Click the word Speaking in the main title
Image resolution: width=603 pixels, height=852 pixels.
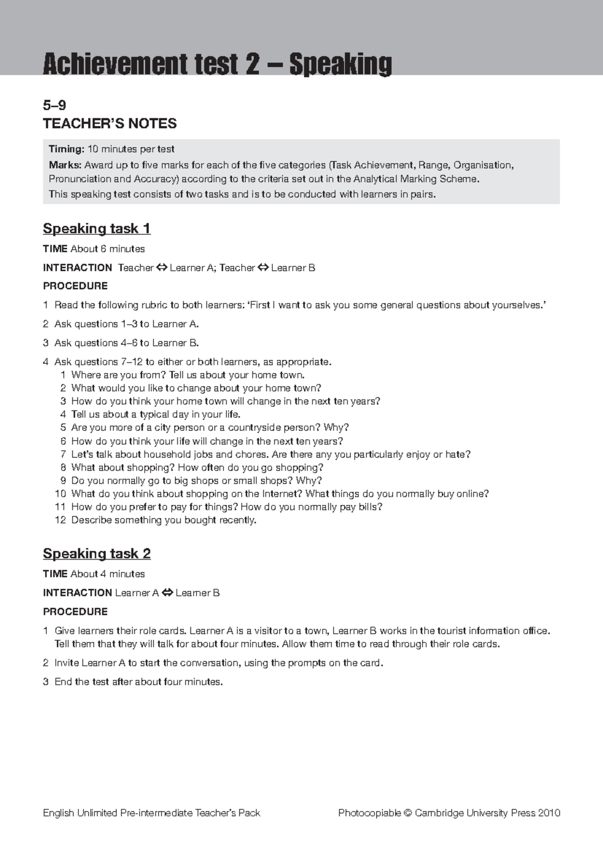[x=340, y=65]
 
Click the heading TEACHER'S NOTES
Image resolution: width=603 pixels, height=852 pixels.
[x=110, y=124]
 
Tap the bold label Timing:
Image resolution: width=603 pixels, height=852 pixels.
[x=66, y=149]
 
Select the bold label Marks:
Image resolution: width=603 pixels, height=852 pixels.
[x=65, y=165]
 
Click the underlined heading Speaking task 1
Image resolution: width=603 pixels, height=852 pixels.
[x=96, y=229]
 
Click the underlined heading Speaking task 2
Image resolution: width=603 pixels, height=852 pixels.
[x=96, y=554]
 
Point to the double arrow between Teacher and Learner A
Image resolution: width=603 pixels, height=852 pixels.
[x=161, y=268]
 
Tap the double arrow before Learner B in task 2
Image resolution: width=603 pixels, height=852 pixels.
[x=167, y=593]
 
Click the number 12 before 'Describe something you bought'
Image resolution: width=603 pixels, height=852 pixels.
[x=60, y=520]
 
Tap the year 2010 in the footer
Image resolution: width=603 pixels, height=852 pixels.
[x=549, y=813]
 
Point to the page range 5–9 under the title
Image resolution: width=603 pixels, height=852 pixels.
[x=54, y=105]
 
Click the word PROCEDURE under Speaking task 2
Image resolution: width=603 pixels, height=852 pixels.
[x=75, y=612]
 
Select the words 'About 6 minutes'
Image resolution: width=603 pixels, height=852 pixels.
[x=108, y=249]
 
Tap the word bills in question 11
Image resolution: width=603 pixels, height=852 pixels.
[x=370, y=507]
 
